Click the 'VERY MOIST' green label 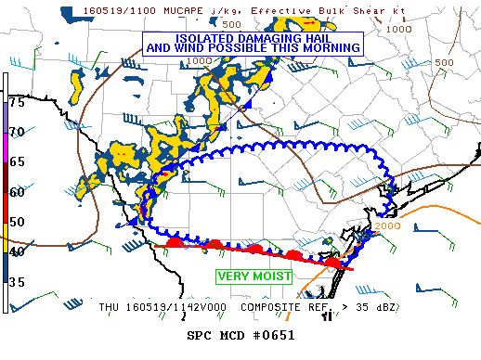pos(254,276)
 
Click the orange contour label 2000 pos(388,225)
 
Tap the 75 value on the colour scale pos(17,102)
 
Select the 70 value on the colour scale pos(17,132)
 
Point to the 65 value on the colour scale pos(17,161)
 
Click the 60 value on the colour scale pos(17,192)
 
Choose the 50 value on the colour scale pos(17,222)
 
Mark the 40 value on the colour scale pos(17,251)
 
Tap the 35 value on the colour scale pos(17,281)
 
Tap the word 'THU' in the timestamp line pos(110,305)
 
